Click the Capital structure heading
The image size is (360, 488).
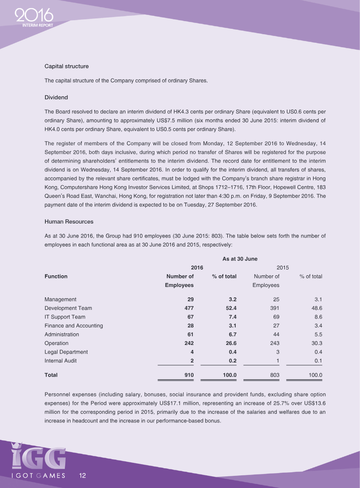point(67,66)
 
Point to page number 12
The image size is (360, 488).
point(83,475)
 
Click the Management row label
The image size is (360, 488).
point(60,300)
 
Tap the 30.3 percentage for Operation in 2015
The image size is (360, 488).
point(317,343)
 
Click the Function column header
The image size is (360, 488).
point(56,277)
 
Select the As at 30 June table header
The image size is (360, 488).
point(239,259)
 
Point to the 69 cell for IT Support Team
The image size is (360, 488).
point(276,317)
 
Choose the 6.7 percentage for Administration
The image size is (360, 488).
point(232,335)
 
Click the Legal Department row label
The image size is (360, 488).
point(66,352)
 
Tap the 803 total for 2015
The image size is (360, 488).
point(274,374)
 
